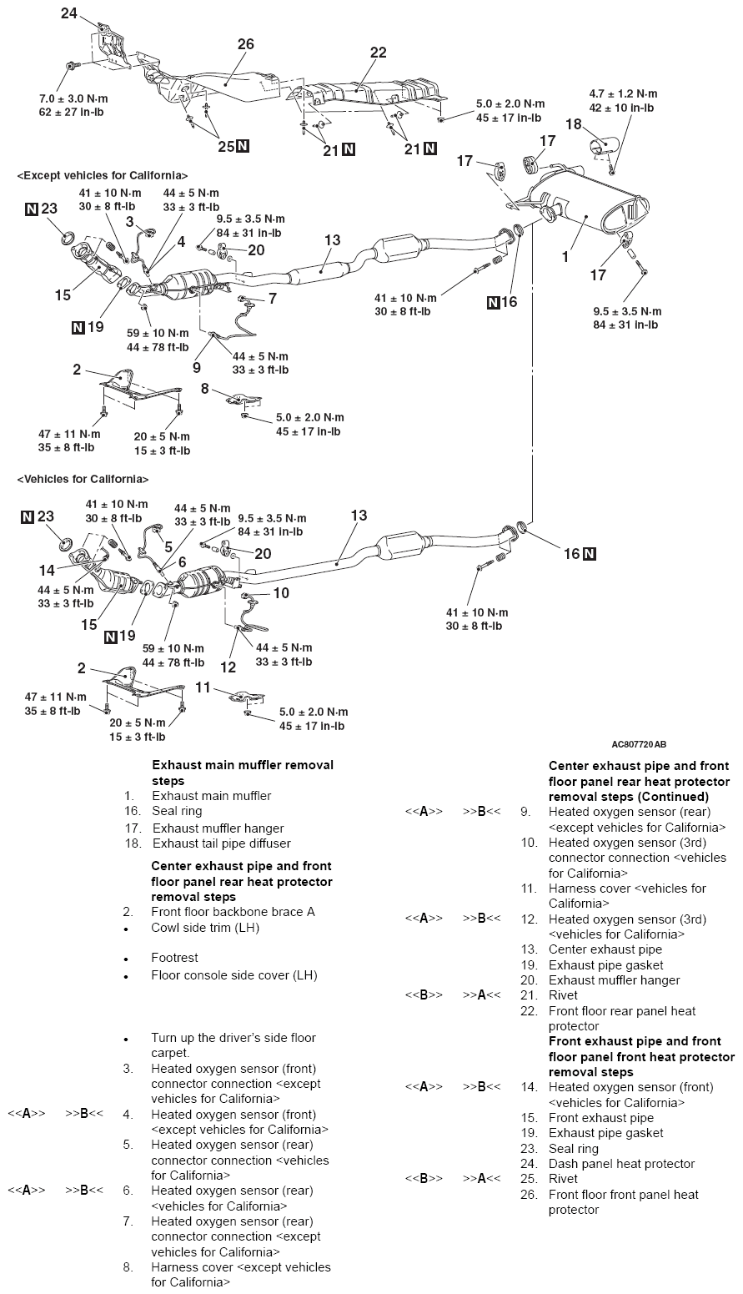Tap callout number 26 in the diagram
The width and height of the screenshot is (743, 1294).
click(245, 44)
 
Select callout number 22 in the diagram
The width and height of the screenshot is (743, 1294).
click(378, 52)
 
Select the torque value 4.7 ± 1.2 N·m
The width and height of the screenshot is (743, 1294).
click(622, 94)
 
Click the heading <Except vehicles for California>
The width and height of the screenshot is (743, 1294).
click(102, 176)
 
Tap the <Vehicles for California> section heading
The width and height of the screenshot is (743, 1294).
click(83, 480)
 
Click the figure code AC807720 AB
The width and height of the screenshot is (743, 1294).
click(639, 743)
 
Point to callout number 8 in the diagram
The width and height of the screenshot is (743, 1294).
click(204, 388)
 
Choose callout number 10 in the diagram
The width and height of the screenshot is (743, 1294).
click(281, 592)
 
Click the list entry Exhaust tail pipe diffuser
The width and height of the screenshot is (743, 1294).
click(221, 843)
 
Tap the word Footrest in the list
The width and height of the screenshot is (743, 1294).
click(174, 958)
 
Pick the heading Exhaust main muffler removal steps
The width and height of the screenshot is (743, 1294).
click(242, 773)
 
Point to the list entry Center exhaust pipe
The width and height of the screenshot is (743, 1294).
click(605, 949)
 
